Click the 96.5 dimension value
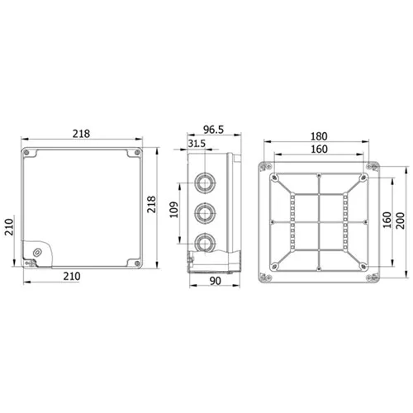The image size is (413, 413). tap(213, 130)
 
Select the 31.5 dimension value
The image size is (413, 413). tap(197, 144)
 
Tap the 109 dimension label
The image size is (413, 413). tap(173, 210)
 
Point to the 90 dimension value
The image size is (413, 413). tap(215, 281)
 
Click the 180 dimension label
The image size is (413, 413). tap(319, 136)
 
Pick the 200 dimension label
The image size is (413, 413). tap(400, 221)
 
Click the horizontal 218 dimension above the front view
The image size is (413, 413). tap(81, 134)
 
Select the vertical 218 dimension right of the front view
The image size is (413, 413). tap(151, 204)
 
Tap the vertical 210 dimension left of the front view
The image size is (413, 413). tap(9, 227)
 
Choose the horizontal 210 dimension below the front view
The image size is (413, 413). tap(72, 276)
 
